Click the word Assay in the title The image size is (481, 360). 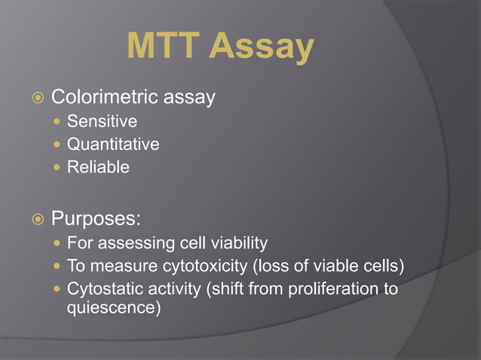[261, 48]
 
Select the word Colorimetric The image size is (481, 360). [104, 97]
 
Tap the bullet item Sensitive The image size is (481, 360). [102, 121]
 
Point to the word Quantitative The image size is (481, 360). [113, 145]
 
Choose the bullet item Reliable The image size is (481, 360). [98, 167]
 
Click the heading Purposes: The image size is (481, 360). [96, 219]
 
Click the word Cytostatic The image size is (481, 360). [101, 289]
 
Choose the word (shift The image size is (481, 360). [225, 289]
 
